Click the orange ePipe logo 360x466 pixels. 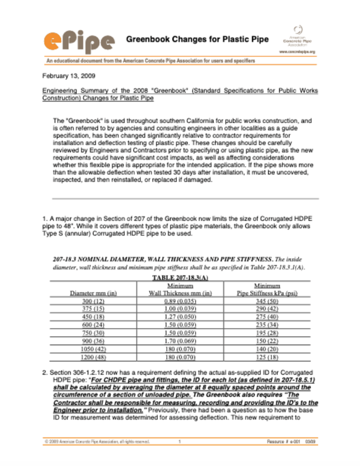pyautogui.click(x=78, y=40)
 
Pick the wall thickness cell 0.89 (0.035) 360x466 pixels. pyautogui.click(x=181, y=301)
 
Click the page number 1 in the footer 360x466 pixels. pyautogui.click(x=179, y=458)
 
